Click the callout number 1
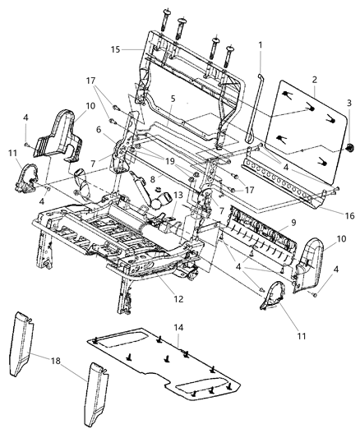[260, 44]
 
